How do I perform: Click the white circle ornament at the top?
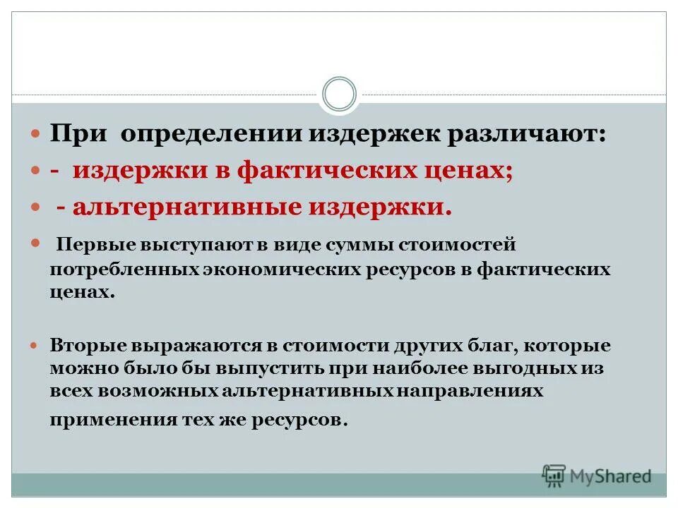339,94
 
